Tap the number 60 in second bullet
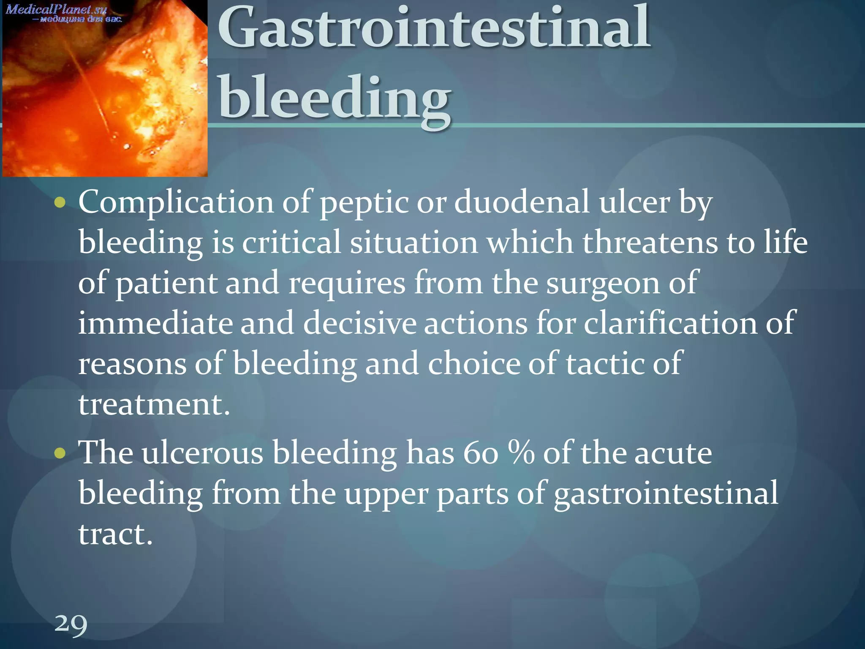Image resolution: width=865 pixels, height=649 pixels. pyautogui.click(x=480, y=453)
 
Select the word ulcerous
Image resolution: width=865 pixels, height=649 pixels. pyautogui.click(x=202, y=453)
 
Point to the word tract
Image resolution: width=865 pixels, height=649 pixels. pyautogui.click(x=115, y=534)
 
